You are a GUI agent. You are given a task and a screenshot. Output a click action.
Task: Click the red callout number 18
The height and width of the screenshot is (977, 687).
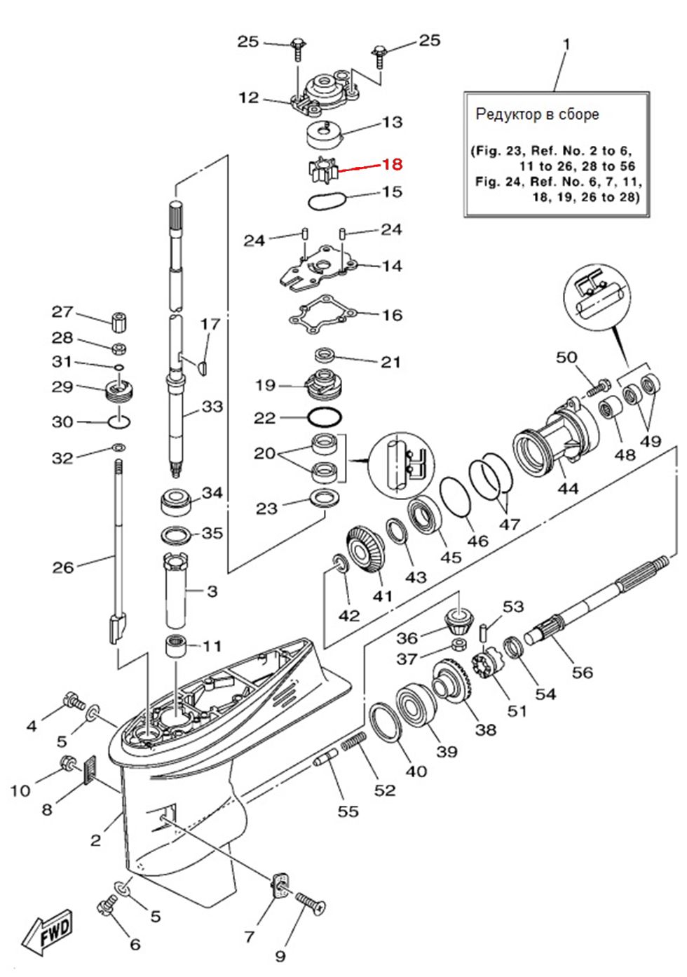[x=391, y=165]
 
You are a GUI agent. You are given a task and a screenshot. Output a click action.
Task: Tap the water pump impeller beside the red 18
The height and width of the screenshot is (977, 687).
[x=321, y=169]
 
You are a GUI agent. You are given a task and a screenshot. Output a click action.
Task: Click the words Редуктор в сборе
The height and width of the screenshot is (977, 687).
[x=537, y=114]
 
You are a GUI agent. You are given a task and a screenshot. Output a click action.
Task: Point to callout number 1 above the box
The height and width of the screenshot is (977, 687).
[x=566, y=44]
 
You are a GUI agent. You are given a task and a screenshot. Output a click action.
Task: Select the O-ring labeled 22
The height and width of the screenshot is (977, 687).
[x=325, y=418]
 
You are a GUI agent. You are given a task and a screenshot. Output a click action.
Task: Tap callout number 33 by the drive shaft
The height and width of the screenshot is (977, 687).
[x=212, y=406]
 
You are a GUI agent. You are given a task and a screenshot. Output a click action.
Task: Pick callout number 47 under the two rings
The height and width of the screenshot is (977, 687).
[x=509, y=523]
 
